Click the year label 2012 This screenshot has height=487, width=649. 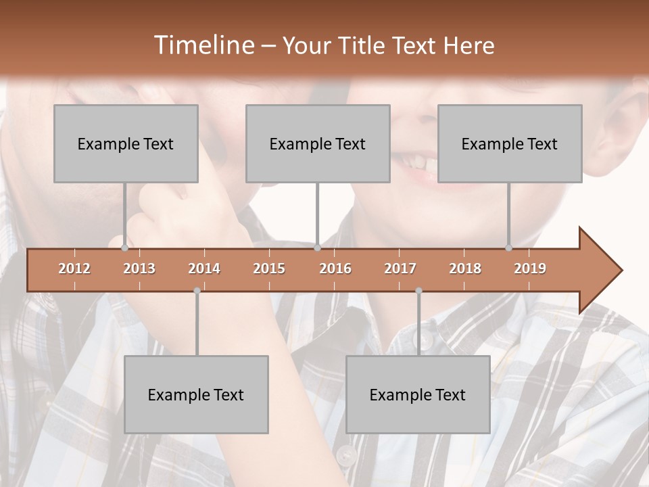pyautogui.click(x=74, y=269)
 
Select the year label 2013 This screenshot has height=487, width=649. pyautogui.click(x=139, y=269)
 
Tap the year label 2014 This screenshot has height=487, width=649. pyautogui.click(x=204, y=269)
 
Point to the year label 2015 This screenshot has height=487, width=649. pyautogui.click(x=269, y=269)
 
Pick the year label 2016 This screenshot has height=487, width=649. pyautogui.click(x=335, y=269)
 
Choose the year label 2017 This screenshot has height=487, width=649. pyautogui.click(x=400, y=269)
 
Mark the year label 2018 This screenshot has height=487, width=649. pyautogui.click(x=465, y=269)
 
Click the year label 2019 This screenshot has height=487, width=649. pyautogui.click(x=530, y=269)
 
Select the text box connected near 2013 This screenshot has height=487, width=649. pyautogui.click(x=126, y=143)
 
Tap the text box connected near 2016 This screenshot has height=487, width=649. pyautogui.click(x=318, y=143)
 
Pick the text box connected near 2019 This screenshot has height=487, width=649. pyautogui.click(x=510, y=143)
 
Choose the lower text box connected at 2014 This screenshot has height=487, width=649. pyautogui.click(x=196, y=394)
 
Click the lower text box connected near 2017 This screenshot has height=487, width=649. pyautogui.click(x=418, y=394)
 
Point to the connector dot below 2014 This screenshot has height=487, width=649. pyautogui.click(x=197, y=291)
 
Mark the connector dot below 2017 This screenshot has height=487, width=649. pyautogui.click(x=418, y=291)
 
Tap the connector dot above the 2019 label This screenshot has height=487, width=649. pyautogui.click(x=508, y=248)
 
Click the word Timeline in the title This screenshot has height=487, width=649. pyautogui.click(x=203, y=45)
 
